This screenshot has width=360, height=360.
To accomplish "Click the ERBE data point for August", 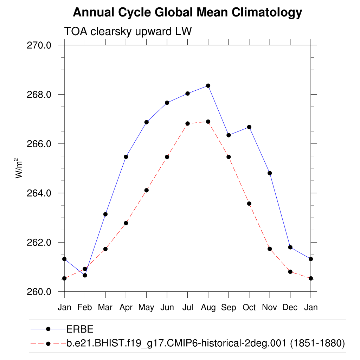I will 208,86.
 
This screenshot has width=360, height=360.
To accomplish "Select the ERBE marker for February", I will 85,275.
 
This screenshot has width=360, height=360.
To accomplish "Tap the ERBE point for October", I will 249,127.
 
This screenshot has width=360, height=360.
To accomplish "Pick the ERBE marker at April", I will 126,157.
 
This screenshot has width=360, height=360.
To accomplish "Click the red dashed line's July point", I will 188,123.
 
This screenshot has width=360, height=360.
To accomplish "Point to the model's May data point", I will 146,190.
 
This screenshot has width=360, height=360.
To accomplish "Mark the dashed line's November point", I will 270,249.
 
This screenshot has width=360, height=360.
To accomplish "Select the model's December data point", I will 290,272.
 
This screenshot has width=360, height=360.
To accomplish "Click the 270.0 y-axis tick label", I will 39,45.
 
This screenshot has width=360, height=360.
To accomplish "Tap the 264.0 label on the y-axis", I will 39,193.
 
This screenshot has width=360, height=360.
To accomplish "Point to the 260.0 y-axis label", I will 39,292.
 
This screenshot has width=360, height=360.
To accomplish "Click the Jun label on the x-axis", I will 167,308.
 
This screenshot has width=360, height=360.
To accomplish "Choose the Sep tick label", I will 229,308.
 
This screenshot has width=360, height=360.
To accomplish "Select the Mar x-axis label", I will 105,308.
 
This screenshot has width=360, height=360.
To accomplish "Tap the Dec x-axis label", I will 290,308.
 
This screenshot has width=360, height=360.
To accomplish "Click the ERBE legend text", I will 80,329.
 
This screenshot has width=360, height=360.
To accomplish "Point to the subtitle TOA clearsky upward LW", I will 128,31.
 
